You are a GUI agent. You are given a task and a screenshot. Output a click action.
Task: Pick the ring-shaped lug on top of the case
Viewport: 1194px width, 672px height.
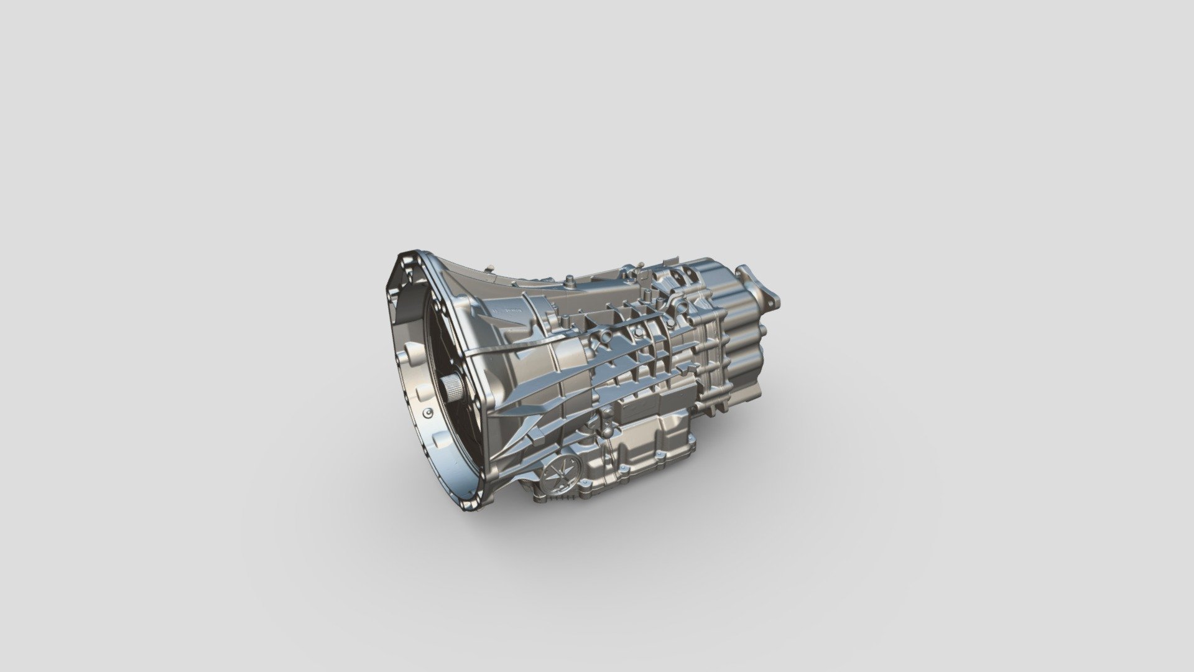click(x=680, y=305)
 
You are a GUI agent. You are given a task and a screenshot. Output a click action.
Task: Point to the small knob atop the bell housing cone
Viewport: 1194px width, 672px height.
click(x=489, y=267)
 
